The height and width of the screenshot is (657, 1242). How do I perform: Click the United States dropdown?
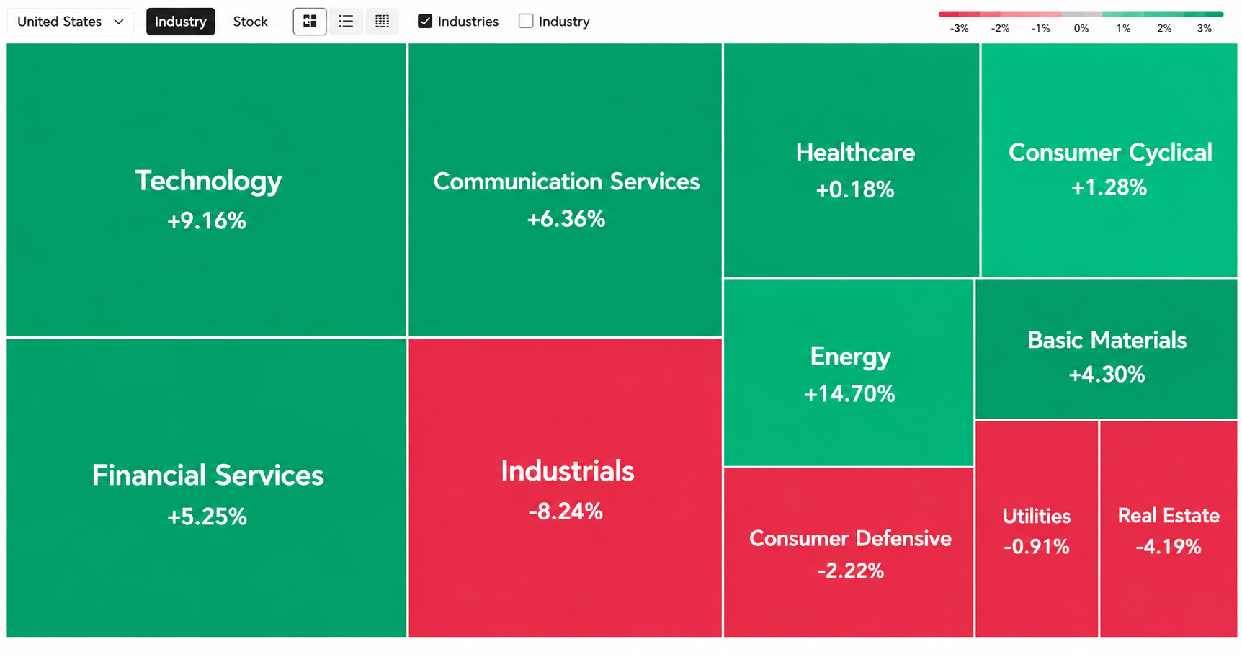71,22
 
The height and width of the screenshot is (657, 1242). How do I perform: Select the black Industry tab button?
180,22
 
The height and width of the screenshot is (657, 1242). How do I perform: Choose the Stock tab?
250,22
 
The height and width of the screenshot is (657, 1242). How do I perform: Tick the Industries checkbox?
425,22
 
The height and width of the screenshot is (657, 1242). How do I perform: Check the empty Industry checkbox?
526,22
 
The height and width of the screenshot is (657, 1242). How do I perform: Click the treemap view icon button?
310,22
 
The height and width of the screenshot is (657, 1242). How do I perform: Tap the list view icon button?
346,22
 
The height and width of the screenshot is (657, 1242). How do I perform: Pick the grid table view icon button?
382,22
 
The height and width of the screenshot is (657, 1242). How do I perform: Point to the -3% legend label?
960,29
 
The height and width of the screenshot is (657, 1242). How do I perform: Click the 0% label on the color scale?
1081,29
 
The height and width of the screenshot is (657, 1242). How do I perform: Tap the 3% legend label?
1205,29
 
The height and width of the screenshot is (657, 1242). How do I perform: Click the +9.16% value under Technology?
207,220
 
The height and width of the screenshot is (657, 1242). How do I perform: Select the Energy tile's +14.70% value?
849,394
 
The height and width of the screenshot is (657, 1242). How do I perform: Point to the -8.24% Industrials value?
566,511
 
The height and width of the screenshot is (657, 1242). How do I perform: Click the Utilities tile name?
1037,516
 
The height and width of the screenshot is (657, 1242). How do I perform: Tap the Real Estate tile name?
1169,516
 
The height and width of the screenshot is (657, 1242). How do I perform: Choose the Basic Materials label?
1107,340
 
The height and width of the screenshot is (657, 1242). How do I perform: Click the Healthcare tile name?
855,153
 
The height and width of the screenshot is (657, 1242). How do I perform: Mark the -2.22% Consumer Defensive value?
850,571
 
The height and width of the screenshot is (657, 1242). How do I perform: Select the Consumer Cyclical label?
1110,153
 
